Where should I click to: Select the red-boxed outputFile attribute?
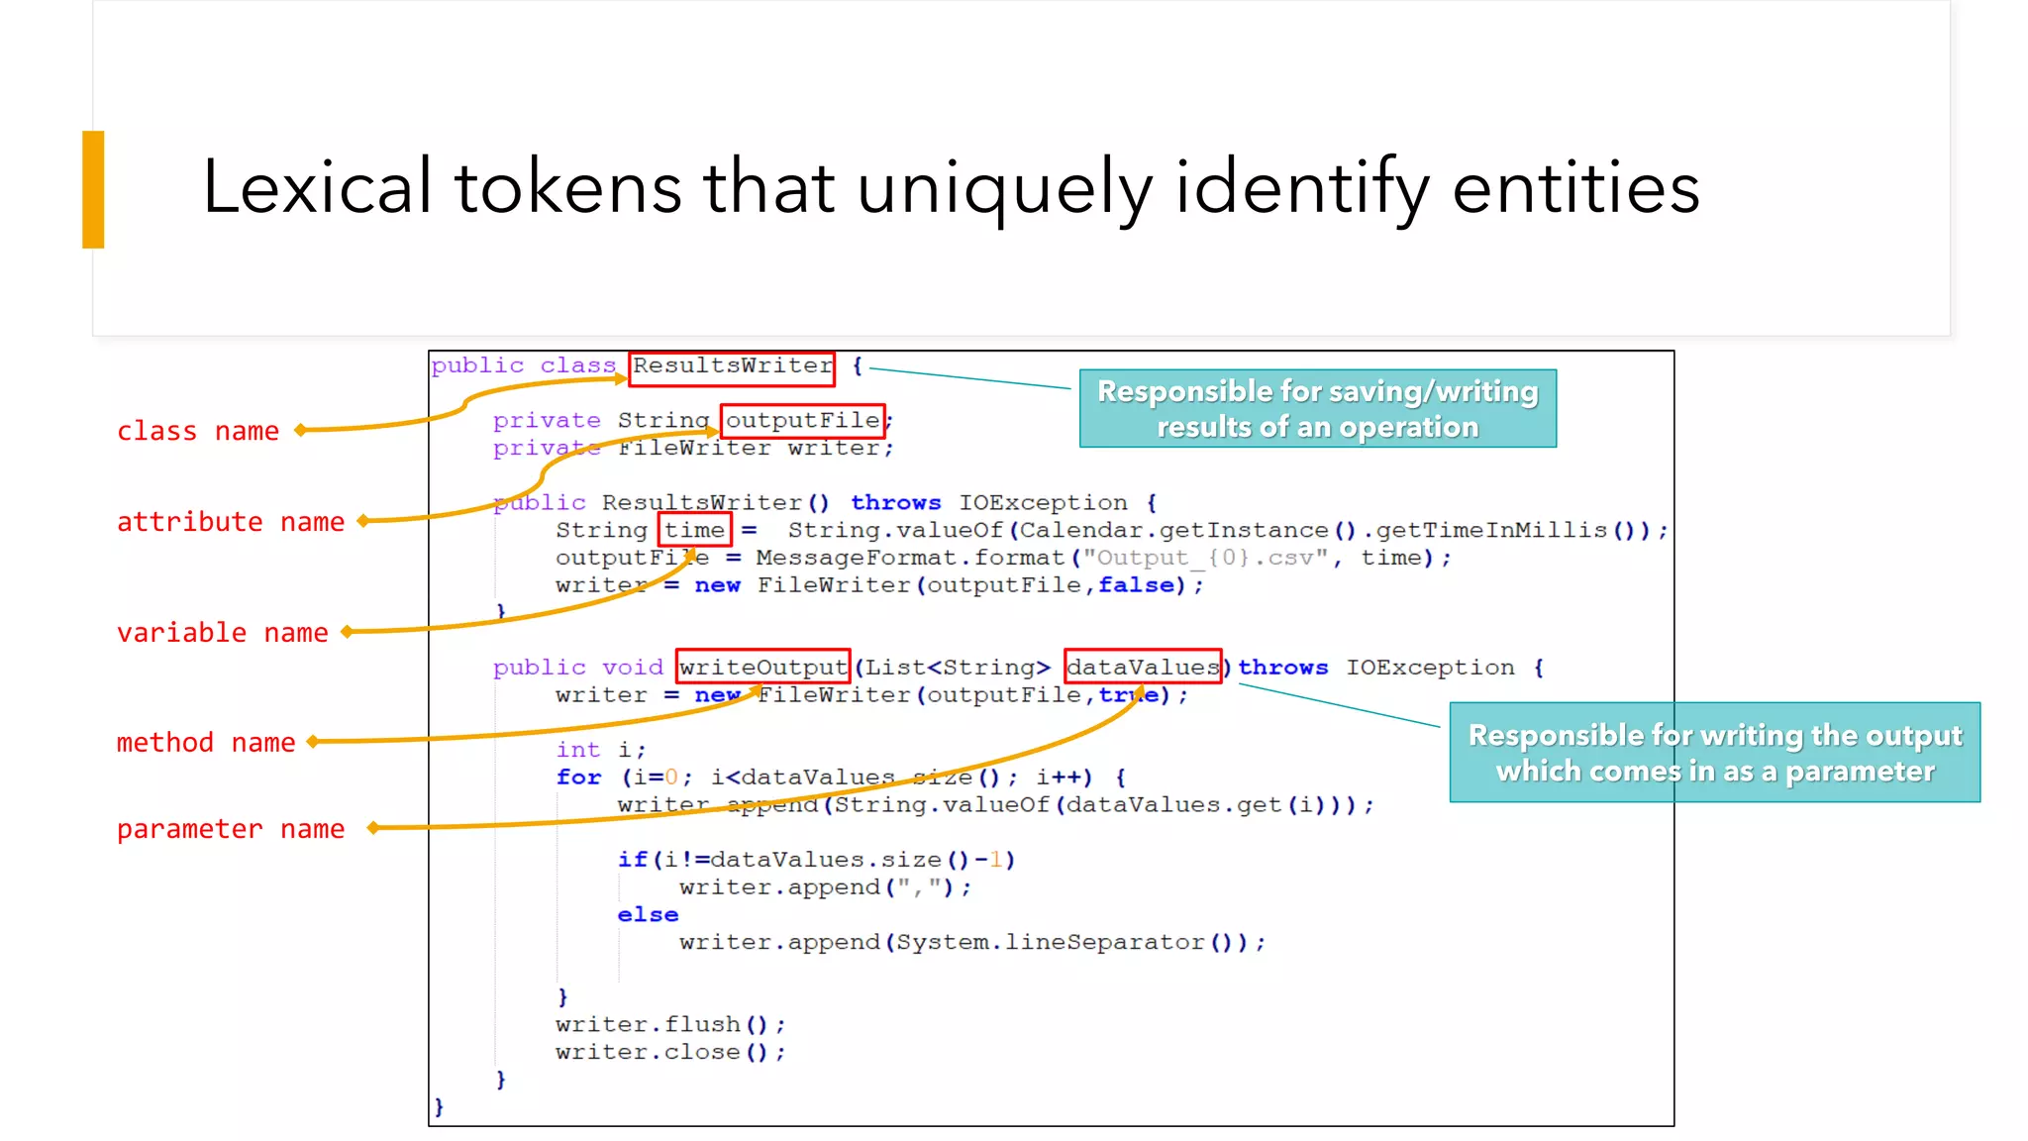(802, 421)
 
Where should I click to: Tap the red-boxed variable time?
(694, 531)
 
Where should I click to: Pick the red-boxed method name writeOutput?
(762, 668)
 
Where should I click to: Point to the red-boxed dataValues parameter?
(1143, 668)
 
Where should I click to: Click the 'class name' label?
(198, 432)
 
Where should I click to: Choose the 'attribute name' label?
(231, 522)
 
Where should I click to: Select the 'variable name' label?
(222, 633)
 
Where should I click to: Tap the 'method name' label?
(206, 743)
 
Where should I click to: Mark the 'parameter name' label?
(231, 829)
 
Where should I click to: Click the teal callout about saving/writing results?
(1317, 409)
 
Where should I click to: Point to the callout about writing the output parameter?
(1714, 753)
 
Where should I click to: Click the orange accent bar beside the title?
(93, 189)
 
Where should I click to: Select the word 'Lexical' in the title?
(317, 187)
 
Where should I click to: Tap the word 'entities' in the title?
(1575, 187)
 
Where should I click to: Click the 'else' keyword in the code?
(648, 915)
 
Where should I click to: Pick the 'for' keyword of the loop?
(578, 778)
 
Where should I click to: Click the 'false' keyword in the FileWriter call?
(1136, 585)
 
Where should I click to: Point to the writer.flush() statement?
(670, 1024)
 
